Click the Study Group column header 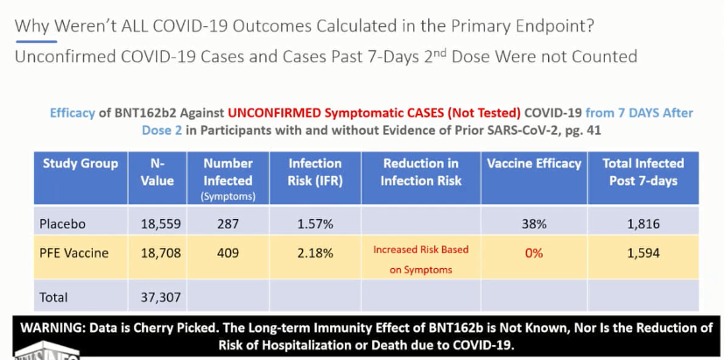click(81, 163)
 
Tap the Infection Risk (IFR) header click(314, 171)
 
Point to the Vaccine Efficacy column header click(534, 163)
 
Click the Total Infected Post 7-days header click(643, 171)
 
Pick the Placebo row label click(63, 223)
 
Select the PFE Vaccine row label click(74, 253)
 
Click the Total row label click(53, 297)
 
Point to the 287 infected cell click(228, 223)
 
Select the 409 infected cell click(228, 253)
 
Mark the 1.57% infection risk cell click(314, 223)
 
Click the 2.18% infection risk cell click(314, 253)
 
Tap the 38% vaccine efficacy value click(534, 223)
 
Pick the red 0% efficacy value click(534, 253)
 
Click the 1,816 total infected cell click(643, 223)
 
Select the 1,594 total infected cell click(643, 253)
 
